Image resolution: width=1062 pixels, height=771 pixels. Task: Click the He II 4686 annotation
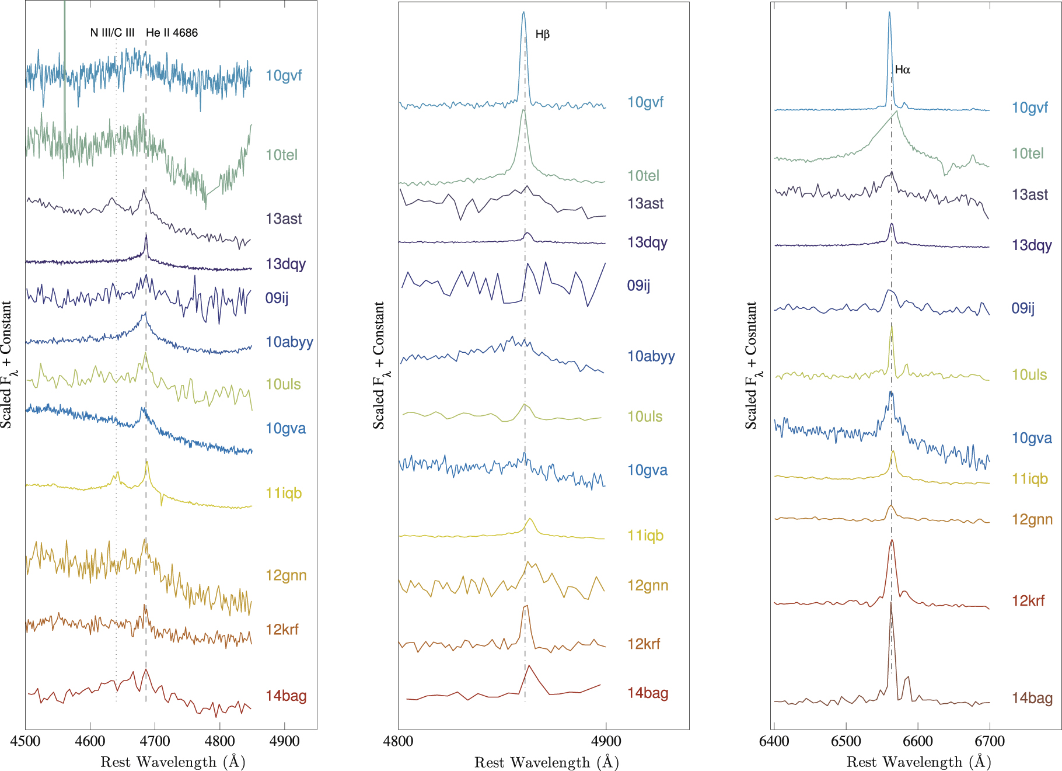pyautogui.click(x=172, y=33)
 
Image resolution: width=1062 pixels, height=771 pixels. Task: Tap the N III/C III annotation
pyautogui.click(x=112, y=33)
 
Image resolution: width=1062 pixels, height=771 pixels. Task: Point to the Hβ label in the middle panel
pyautogui.click(x=542, y=34)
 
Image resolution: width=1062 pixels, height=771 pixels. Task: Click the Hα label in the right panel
pyautogui.click(x=902, y=70)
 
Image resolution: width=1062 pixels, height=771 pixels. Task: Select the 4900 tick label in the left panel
pyautogui.click(x=284, y=741)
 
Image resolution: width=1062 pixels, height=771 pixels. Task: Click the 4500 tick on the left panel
pyautogui.click(x=25, y=741)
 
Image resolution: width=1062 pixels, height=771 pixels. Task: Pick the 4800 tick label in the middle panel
pyautogui.click(x=398, y=742)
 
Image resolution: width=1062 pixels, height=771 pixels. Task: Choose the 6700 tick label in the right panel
pyautogui.click(x=989, y=741)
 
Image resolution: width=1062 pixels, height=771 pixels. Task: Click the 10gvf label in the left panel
pyautogui.click(x=284, y=75)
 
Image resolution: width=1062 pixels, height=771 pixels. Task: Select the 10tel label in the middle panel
pyautogui.click(x=643, y=176)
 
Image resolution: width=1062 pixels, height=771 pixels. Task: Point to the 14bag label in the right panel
pyautogui.click(x=1032, y=698)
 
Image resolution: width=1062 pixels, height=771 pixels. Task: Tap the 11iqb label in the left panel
pyautogui.click(x=284, y=494)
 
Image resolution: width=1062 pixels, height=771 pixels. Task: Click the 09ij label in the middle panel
pyautogui.click(x=638, y=286)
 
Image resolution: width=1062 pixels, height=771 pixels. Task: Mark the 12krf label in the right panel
pyautogui.click(x=1028, y=601)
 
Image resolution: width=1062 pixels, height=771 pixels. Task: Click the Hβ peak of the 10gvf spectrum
pyautogui.click(x=523, y=12)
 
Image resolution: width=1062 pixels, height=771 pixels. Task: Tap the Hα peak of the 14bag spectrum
pyautogui.click(x=891, y=603)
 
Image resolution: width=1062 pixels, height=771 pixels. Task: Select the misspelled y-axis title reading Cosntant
pyautogui.click(x=750, y=366)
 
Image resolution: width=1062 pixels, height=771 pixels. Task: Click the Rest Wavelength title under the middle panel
pyautogui.click(x=546, y=762)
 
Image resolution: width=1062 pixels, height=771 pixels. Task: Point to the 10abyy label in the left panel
pyautogui.click(x=289, y=342)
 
